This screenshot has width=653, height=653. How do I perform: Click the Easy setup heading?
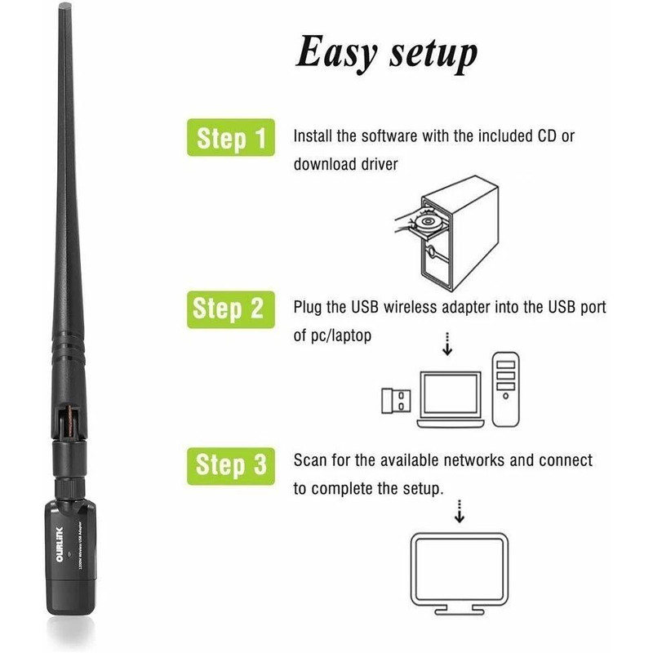coord(386,53)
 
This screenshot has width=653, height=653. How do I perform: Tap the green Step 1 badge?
coord(231,140)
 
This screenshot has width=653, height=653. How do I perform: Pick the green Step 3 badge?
coord(231,465)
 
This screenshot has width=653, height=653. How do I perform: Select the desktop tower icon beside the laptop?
coord(506,388)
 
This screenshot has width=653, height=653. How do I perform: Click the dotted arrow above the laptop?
coord(447,344)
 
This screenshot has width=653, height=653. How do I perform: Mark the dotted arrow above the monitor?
coord(459,511)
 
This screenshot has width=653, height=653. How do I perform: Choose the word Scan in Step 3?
coord(309,461)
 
